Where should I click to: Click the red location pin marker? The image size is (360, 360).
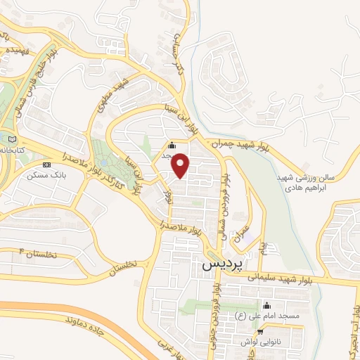click(x=181, y=165)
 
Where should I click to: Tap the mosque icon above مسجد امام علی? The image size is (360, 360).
click(x=266, y=305)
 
